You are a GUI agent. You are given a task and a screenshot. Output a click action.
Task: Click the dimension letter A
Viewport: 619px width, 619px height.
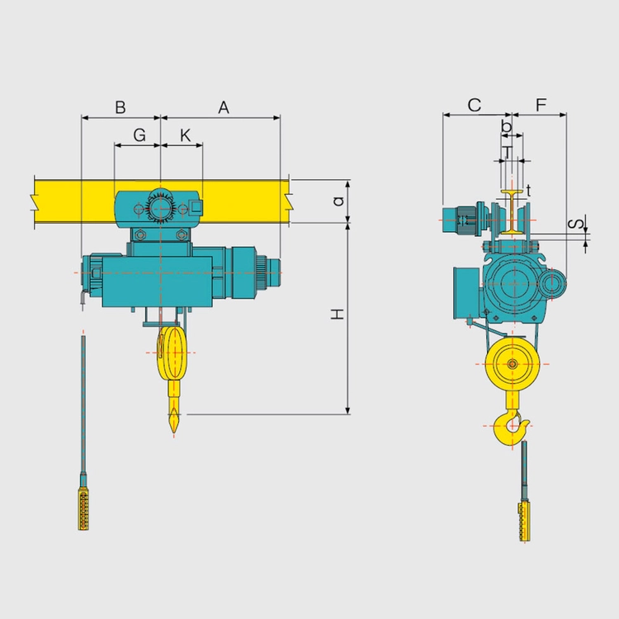point(224,107)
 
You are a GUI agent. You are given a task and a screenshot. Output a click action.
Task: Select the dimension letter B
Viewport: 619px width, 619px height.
point(120,107)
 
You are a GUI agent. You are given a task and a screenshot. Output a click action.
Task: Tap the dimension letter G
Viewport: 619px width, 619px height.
point(139,135)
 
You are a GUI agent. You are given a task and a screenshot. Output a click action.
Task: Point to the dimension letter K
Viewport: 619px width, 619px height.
point(185,135)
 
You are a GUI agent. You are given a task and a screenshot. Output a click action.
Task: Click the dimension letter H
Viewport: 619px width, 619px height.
point(338,314)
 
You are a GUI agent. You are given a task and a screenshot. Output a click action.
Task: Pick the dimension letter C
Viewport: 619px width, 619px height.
point(474,105)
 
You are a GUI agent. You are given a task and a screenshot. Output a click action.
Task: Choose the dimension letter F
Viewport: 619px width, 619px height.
point(541,105)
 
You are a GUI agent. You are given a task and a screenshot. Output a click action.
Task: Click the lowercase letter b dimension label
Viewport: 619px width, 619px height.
point(506,126)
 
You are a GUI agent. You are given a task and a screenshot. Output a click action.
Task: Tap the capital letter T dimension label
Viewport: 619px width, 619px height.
point(508,152)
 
